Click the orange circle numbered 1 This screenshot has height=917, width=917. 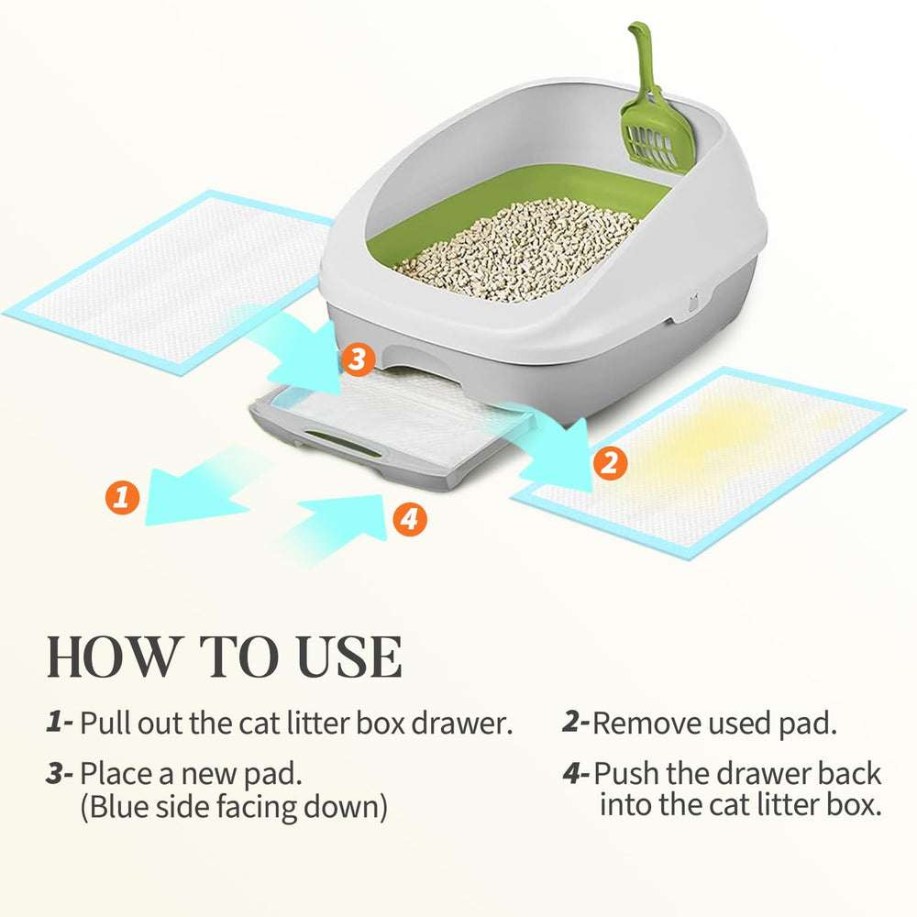[122, 498]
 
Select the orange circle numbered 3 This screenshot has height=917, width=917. [358, 359]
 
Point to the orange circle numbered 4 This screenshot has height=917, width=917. [409, 519]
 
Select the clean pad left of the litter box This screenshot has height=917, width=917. [170, 282]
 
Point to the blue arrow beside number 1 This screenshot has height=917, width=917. [193, 489]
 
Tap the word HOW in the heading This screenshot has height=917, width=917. [113, 657]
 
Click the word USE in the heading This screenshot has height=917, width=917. [349, 657]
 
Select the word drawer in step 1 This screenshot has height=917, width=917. [462, 724]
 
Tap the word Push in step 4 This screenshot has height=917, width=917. [625, 774]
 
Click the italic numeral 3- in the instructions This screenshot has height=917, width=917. [59, 774]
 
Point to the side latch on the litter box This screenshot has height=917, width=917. [693, 304]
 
